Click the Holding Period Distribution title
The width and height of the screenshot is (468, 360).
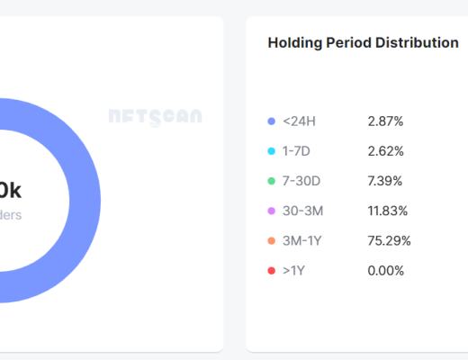tap(364, 43)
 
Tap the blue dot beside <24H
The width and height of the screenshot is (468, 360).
tap(272, 121)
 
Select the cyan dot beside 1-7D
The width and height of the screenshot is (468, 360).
tap(272, 151)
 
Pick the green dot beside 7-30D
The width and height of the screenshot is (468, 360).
tap(272, 181)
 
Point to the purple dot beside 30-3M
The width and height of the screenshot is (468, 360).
tap(272, 211)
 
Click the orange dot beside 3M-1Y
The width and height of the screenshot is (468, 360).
tap(272, 240)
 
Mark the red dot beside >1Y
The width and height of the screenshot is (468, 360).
tap(272, 271)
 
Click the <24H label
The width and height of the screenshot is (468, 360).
tap(299, 121)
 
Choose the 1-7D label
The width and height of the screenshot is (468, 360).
tap(297, 151)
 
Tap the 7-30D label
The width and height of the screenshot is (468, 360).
tap(301, 181)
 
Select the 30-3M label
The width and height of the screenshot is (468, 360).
tap(301, 211)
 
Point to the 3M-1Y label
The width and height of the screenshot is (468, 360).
tap(301, 240)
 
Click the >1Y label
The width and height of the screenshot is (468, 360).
tap(293, 271)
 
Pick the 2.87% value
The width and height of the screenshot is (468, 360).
tap(386, 121)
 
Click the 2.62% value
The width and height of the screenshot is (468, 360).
tap(386, 151)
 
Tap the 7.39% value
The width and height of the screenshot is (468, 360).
tap(386, 181)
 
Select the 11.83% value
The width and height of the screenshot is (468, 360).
tap(388, 211)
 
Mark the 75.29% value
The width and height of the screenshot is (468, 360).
tap(390, 240)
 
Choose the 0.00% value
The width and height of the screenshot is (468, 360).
tap(386, 271)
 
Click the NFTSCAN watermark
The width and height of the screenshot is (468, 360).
tap(155, 117)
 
